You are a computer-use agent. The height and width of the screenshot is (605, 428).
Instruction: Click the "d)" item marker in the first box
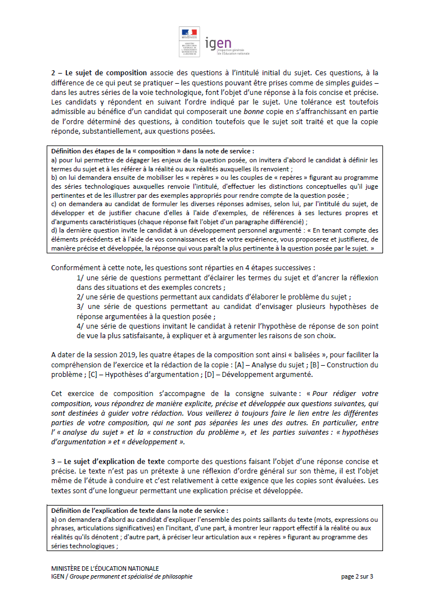(55, 230)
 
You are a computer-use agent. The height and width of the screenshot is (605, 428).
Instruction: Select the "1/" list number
(80, 278)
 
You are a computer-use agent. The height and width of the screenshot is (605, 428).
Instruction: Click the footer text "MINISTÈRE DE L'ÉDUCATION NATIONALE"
(105, 568)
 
